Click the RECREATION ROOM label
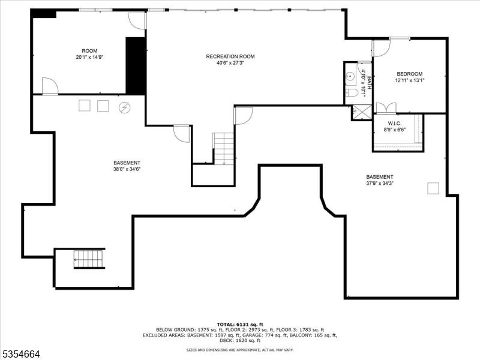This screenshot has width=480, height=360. [x=230, y=56]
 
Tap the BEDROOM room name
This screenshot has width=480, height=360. [x=410, y=73]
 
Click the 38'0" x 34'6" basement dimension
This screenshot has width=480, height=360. [x=127, y=169]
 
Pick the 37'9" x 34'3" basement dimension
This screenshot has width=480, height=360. [x=380, y=184]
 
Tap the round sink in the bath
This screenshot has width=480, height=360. [x=350, y=77]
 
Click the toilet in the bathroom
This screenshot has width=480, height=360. [x=352, y=93]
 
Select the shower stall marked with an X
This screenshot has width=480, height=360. [x=362, y=112]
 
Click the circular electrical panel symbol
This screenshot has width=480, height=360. [x=124, y=107]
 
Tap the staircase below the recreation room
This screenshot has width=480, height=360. [x=224, y=148]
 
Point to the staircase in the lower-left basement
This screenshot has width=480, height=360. [x=89, y=259]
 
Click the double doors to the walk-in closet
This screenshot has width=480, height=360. [x=386, y=109]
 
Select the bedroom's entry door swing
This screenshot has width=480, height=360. [x=380, y=48]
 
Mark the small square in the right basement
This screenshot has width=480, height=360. [x=433, y=188]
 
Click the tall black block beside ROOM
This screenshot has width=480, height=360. [x=136, y=65]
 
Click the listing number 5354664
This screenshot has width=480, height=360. [x=20, y=354]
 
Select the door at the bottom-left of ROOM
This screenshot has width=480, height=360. [x=50, y=86]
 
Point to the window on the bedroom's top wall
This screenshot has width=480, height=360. [x=400, y=39]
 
